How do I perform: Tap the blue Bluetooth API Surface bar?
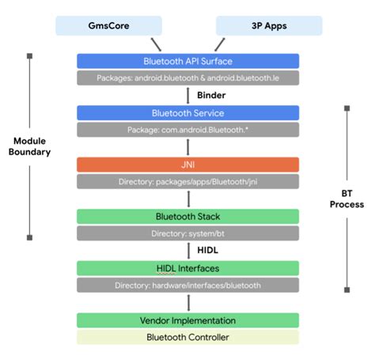pos(187,60)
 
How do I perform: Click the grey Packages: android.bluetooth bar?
pos(187,78)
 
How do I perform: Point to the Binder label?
pos(212,95)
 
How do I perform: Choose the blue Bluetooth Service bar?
pos(187,112)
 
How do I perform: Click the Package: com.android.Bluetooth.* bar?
pos(187,130)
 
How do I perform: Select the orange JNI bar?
pos(187,165)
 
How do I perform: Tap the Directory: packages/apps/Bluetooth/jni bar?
pos(187,181)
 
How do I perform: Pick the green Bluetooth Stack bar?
pos(187,216)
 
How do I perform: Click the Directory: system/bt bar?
pos(187,233)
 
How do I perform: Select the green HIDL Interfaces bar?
pos(187,268)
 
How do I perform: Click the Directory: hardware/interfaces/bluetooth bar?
pos(187,285)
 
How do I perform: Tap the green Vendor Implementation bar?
pos(187,320)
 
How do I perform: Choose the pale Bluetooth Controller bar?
pos(187,337)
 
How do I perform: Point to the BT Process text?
pos(345,198)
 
